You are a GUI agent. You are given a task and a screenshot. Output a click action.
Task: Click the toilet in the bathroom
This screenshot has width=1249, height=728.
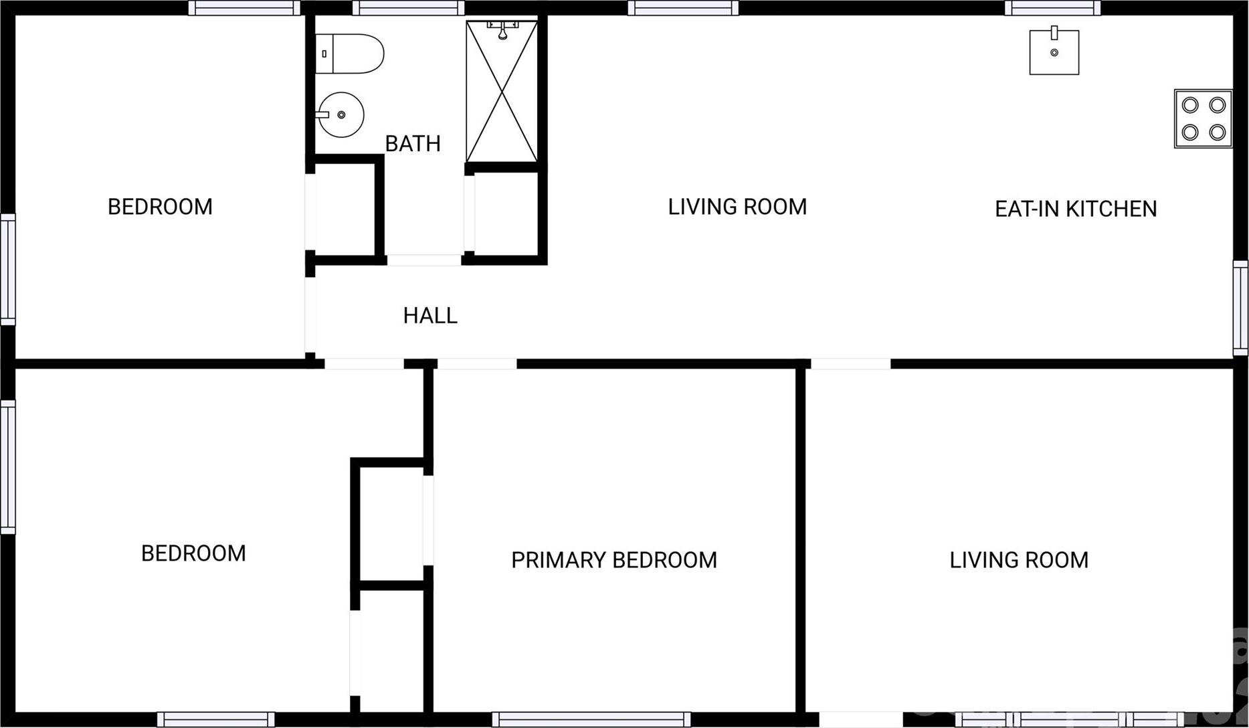click(349, 54)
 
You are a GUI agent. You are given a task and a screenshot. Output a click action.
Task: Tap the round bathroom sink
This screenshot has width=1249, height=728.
click(341, 114)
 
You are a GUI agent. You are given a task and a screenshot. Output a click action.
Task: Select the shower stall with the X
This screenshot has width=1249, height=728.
click(502, 92)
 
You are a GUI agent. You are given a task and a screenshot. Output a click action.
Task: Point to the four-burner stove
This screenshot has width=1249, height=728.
click(1203, 118)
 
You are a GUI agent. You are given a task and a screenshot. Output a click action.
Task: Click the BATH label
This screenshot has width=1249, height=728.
click(413, 143)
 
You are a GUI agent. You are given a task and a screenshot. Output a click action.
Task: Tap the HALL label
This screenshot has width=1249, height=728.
click(430, 315)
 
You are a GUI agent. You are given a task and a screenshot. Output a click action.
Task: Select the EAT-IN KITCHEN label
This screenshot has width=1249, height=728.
click(1076, 209)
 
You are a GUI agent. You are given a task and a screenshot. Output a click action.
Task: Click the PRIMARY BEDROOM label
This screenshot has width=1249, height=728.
click(614, 559)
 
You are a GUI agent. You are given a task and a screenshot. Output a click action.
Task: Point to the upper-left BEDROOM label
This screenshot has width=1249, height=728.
click(160, 207)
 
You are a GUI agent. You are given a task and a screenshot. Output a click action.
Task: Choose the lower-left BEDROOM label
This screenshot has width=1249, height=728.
click(193, 553)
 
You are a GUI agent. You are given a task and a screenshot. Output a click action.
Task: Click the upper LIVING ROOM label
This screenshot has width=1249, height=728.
click(737, 207)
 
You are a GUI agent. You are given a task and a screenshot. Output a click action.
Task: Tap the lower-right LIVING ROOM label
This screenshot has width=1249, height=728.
click(1019, 559)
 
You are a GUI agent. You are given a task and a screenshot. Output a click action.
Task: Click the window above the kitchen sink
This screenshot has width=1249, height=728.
click(1053, 8)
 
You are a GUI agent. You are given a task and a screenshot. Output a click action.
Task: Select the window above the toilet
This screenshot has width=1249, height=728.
click(408, 8)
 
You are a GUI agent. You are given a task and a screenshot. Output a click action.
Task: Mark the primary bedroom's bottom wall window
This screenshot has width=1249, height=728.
click(591, 719)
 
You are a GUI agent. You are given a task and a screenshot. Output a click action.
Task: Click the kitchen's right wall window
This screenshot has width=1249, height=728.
click(1241, 308)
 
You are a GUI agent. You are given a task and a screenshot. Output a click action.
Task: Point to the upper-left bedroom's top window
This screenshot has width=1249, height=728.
click(244, 8)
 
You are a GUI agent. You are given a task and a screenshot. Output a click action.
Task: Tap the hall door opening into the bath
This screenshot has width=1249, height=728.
click(424, 260)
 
